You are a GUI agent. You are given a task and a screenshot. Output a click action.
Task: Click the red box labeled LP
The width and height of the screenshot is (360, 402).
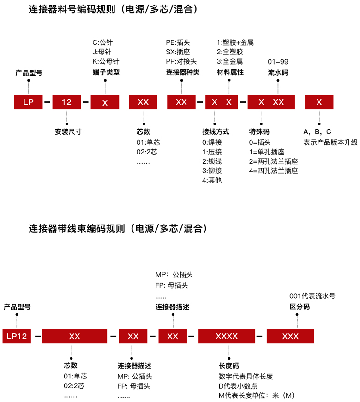[x=29, y=102]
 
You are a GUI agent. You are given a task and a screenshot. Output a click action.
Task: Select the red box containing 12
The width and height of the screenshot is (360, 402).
[x=67, y=102]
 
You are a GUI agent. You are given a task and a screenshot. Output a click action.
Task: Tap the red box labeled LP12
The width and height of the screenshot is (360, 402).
[x=17, y=336]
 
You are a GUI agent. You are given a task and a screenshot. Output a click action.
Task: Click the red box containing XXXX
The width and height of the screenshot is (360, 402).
[x=227, y=336]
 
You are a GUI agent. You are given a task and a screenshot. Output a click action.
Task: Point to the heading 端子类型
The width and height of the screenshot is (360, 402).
[x=106, y=72]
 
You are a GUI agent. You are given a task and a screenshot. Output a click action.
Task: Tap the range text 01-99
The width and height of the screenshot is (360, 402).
[x=278, y=61]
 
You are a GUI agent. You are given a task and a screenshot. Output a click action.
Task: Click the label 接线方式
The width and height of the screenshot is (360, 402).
[x=215, y=131]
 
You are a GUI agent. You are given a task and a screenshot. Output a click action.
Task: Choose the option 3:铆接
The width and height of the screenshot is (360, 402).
[x=212, y=171]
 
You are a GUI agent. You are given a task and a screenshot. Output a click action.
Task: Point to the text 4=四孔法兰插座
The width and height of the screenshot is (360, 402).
[x=274, y=171]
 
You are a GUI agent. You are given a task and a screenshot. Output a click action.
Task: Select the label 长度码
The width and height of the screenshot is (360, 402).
[x=228, y=366]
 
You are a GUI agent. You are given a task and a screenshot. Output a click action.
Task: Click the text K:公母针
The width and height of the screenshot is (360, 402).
[x=106, y=61]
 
